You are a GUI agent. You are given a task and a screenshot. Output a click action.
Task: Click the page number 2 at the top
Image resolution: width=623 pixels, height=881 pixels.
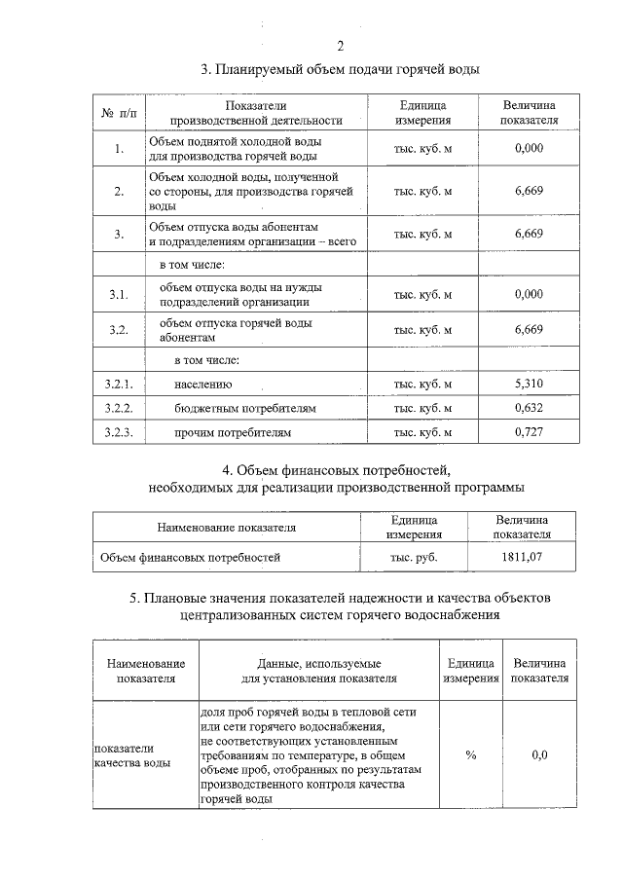click(x=340, y=47)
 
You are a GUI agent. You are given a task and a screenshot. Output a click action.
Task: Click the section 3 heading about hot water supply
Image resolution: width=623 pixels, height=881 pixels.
click(x=340, y=69)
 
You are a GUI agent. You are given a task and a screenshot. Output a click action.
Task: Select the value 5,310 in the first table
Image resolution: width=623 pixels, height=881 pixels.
click(x=528, y=385)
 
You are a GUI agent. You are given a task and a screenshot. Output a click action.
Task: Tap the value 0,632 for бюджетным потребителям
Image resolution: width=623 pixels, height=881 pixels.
click(x=528, y=407)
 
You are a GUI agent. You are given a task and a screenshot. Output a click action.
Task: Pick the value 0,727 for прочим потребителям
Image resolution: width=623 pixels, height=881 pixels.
click(x=528, y=430)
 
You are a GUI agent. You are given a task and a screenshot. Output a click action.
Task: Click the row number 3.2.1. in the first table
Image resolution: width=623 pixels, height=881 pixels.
click(x=118, y=385)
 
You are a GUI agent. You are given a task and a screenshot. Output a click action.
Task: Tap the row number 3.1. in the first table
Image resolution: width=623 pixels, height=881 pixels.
click(x=118, y=294)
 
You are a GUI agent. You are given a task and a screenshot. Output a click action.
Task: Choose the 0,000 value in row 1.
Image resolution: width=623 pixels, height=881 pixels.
click(x=528, y=149)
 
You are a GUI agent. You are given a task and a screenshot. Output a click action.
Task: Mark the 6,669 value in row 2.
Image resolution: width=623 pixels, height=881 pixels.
click(x=528, y=192)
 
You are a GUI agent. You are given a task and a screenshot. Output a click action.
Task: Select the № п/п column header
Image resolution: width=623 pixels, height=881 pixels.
click(x=118, y=113)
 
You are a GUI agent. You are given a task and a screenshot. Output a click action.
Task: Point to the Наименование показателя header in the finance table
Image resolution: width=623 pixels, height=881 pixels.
click(x=227, y=528)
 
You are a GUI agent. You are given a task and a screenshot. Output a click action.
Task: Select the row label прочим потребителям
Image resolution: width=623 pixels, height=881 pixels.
click(x=233, y=430)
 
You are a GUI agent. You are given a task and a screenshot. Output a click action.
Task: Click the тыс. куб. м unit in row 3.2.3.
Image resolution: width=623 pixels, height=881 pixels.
click(x=422, y=430)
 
